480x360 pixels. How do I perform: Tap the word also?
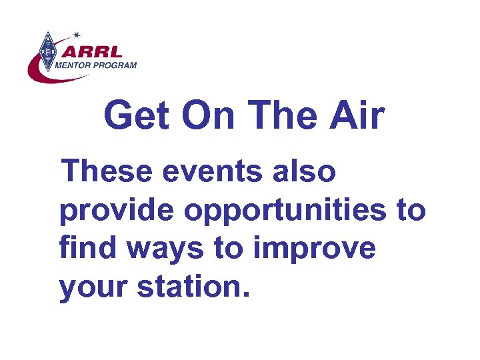click(306, 172)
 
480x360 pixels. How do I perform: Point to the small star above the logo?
click(76, 34)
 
